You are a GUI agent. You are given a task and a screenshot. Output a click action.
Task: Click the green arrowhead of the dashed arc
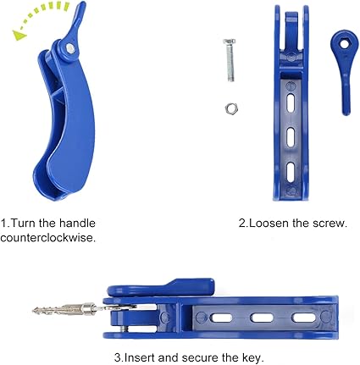[x=19, y=36]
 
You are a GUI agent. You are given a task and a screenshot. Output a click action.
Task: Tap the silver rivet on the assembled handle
[x=70, y=48]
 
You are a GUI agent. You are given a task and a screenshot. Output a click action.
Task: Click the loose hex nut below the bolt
[x=231, y=108]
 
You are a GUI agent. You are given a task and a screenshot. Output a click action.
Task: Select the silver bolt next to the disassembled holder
[x=230, y=60]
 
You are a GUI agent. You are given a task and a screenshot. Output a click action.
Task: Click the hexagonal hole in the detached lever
[x=344, y=44]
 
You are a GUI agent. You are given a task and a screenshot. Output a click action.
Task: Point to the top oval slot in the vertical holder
[x=291, y=102]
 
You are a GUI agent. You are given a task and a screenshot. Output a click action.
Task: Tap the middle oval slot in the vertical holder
[x=291, y=136]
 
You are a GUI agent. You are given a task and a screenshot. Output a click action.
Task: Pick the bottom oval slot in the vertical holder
[x=291, y=171]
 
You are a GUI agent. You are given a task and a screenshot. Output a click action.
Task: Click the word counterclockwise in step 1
[x=48, y=238]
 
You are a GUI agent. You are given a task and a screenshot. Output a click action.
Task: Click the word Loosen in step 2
[x=269, y=223]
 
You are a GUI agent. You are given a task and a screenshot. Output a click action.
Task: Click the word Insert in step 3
[x=140, y=357]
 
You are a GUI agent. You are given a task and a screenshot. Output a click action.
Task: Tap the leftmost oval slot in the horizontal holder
[x=221, y=318]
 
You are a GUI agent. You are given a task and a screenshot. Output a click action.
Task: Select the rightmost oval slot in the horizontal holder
[x=303, y=318]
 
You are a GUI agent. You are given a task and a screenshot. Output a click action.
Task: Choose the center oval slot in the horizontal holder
[x=262, y=318]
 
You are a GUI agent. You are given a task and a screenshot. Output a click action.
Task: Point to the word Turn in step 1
[x=23, y=223]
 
